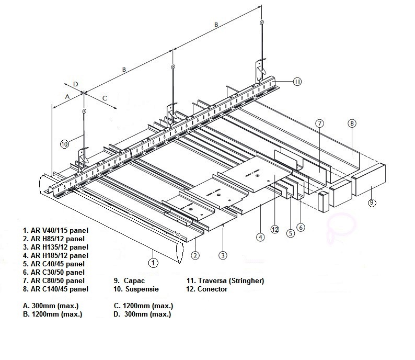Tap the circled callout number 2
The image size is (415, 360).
(x=194, y=255)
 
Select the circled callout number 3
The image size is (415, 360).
(x=223, y=255)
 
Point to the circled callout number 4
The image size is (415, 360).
(x=260, y=237)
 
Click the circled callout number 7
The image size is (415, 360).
(x=320, y=123)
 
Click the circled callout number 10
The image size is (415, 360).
(x=64, y=144)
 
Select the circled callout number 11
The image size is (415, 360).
(x=296, y=81)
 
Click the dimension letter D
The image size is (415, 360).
(x=75, y=84)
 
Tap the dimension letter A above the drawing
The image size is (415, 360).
(x=67, y=96)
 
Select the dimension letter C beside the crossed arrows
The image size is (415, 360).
(x=105, y=97)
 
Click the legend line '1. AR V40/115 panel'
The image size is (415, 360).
(x=55, y=230)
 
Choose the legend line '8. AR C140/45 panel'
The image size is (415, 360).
(x=55, y=289)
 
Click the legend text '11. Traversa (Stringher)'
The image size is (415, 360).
(x=225, y=280)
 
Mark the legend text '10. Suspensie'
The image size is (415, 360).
(x=136, y=289)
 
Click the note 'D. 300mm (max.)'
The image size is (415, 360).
(x=142, y=314)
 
